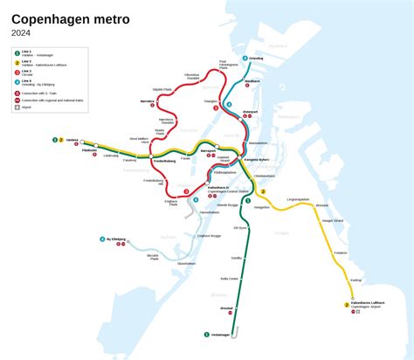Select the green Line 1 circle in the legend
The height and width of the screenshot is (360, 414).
click(x=17, y=53)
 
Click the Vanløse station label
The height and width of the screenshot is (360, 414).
click(x=72, y=140)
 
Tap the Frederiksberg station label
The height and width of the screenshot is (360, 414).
click(x=165, y=162)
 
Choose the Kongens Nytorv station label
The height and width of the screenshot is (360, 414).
click(x=256, y=161)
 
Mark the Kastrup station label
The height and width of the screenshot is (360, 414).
click(x=355, y=280)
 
